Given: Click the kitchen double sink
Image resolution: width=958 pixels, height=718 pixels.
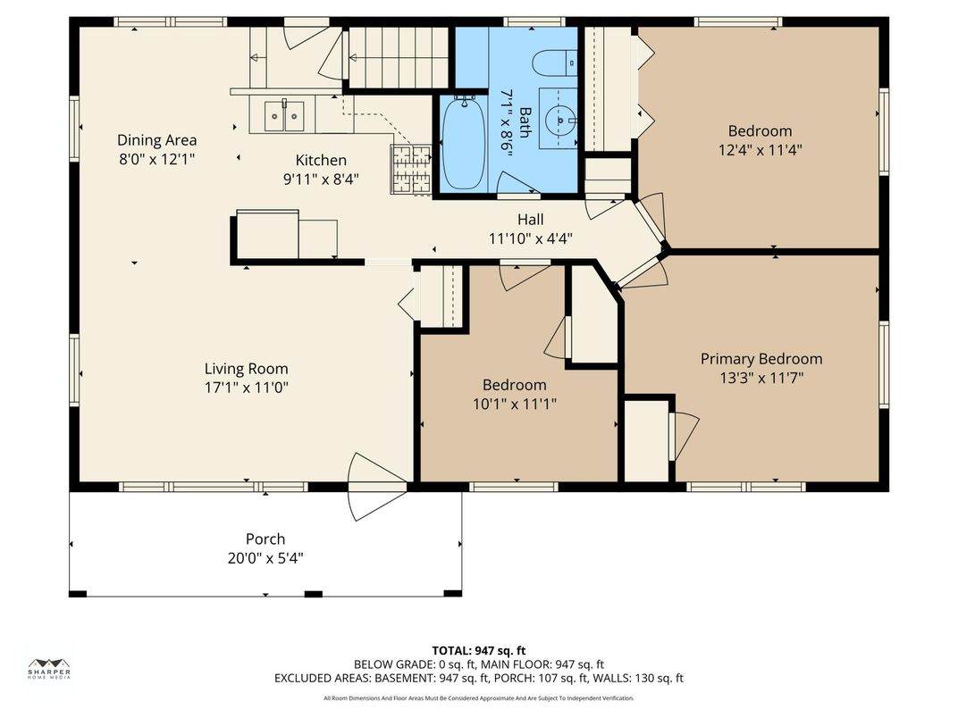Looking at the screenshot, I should click(x=283, y=115).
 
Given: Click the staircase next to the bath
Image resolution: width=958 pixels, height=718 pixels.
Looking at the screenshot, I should click(x=397, y=57).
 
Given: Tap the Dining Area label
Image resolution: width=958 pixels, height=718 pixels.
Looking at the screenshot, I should click(x=157, y=140).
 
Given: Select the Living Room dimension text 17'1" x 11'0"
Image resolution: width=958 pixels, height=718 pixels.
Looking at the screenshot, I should click(x=247, y=388).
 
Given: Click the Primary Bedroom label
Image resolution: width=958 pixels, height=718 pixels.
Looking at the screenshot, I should click(x=761, y=359).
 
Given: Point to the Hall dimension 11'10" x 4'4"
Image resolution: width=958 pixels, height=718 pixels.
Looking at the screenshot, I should click(x=531, y=238).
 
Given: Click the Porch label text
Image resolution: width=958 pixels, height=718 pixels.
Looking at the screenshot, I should click(x=265, y=538).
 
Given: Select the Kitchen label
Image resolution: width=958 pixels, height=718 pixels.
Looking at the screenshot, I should click(x=321, y=160).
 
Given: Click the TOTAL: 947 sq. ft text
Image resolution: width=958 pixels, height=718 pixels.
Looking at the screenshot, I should click(x=479, y=650).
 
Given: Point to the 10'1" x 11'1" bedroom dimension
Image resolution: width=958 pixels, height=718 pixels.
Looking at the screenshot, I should click(x=515, y=404).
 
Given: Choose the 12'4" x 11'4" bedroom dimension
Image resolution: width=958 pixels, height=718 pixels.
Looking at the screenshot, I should click(x=760, y=150).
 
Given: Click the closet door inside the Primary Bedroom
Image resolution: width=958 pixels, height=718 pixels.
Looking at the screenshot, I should click(x=685, y=436).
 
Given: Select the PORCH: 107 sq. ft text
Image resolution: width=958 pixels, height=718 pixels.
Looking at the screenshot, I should click(x=564, y=678).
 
